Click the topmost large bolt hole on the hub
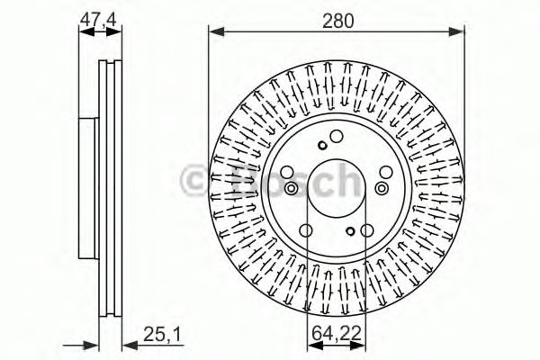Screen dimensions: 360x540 [337, 137]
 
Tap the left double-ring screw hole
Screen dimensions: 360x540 [291, 188]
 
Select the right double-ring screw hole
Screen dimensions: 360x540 [382, 187]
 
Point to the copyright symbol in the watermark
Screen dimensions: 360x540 [195, 179]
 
